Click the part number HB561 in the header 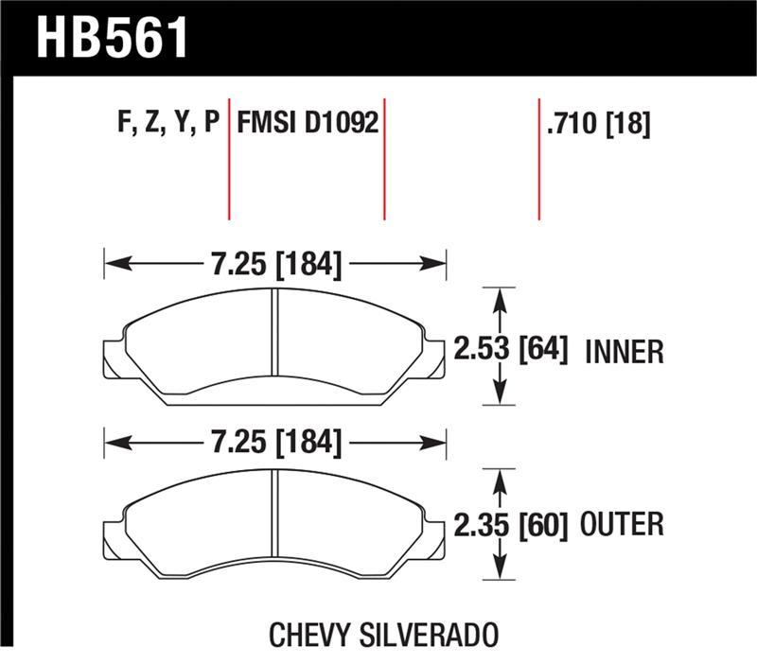113,38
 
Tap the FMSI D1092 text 308,124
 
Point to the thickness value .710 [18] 597,124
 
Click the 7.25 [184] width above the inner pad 274,264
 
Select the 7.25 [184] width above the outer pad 274,442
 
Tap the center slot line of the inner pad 273,345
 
